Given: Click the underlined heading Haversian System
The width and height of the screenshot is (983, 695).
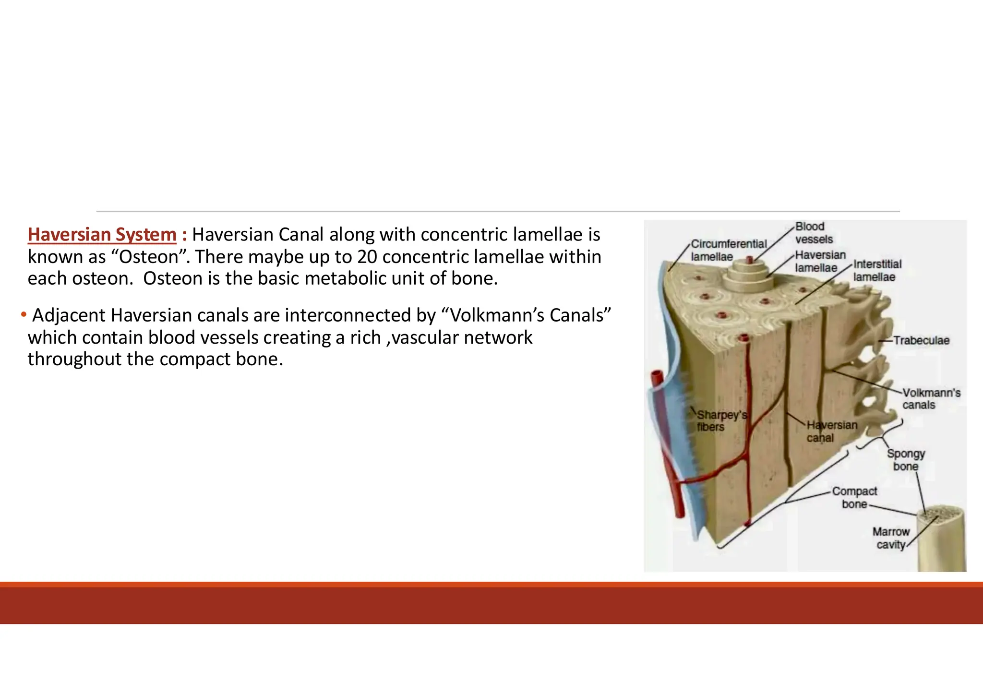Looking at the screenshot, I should click(x=102, y=235).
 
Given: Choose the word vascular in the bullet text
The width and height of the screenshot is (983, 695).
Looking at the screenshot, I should click(x=425, y=337).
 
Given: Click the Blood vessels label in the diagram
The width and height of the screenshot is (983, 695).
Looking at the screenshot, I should click(x=814, y=233).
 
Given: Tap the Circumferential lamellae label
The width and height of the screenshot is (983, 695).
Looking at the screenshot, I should click(x=728, y=250).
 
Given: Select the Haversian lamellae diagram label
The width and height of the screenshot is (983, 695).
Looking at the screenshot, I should click(x=820, y=261).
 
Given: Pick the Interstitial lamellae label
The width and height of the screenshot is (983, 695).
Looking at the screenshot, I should click(x=877, y=270).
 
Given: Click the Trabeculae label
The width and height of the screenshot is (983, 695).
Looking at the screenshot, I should click(x=921, y=340).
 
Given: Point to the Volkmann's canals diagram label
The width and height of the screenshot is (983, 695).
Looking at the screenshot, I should click(x=931, y=399).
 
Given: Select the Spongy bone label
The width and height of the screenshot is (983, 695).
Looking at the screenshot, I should click(x=905, y=460).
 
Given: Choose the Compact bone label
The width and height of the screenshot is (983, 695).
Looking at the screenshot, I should click(x=854, y=498).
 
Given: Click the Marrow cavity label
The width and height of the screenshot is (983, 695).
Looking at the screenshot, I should click(x=890, y=538).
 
